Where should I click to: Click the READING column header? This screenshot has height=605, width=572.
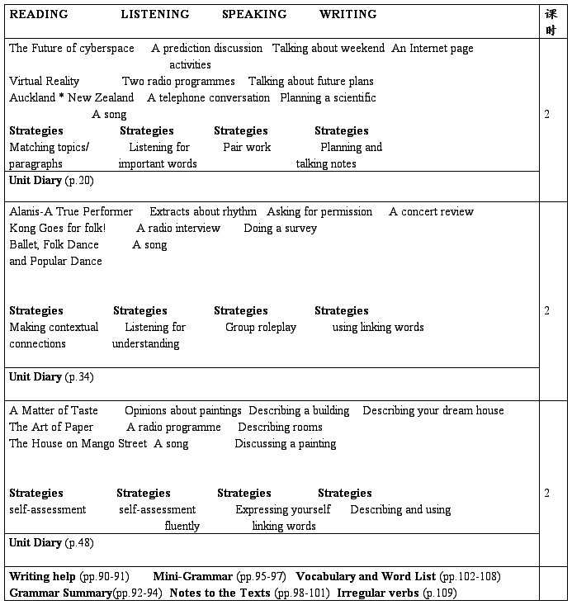[39, 14]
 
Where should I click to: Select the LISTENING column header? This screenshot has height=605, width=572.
[154, 14]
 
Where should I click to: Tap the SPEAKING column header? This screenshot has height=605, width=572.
[254, 14]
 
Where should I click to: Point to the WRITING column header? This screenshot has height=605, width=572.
[347, 14]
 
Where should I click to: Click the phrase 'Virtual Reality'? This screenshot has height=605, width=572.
[45, 81]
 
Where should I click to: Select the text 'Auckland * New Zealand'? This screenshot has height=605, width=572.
[71, 97]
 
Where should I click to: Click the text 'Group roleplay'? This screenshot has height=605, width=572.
[261, 327]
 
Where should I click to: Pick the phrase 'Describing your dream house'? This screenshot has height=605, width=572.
[433, 410]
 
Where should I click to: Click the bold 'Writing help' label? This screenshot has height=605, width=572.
[42, 576]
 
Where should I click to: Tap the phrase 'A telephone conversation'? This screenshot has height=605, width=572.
[209, 97]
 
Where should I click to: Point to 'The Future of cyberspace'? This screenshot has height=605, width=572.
[72, 48]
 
